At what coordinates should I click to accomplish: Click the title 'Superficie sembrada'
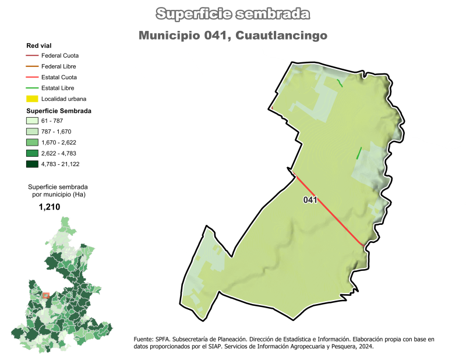[x=233, y=14]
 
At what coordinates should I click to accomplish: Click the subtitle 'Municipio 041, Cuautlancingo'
[x=233, y=36]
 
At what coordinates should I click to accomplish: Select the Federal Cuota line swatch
[x=32, y=55]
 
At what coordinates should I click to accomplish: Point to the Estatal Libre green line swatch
[x=32, y=88]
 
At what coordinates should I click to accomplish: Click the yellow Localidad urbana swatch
[x=32, y=98]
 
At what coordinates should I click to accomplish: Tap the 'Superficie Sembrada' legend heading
[x=59, y=110]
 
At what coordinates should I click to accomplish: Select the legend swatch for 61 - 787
[x=32, y=121]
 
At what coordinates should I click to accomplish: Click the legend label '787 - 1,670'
[x=57, y=132]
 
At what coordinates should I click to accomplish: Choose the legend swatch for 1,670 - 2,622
[x=32, y=142]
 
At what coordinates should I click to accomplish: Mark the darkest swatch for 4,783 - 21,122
[x=32, y=164]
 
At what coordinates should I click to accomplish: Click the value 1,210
[x=50, y=207]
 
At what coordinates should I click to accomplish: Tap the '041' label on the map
[x=310, y=200]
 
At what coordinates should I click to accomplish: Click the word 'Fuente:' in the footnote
[x=144, y=338]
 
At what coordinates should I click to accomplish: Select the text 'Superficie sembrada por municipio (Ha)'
[x=57, y=190]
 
